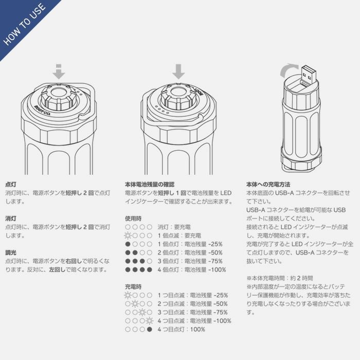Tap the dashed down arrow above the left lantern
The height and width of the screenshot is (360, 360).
pos(59,72)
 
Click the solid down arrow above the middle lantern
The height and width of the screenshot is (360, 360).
pos(178,71)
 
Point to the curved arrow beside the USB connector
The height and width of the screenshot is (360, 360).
pos(288,70)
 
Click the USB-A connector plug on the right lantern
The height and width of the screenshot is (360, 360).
pos(309,75)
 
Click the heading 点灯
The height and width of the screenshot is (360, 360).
pos(11,184)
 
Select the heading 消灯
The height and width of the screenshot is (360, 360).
pos(11,219)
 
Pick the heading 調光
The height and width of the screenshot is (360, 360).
pos(11,253)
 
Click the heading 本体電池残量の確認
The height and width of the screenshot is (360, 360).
pos(150,184)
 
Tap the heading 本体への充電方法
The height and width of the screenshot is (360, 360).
pos(268,184)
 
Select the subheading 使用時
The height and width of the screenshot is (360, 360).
pos(133,219)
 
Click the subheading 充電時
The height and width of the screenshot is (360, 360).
pos(133,286)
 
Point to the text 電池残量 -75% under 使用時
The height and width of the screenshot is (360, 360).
pos(204,261)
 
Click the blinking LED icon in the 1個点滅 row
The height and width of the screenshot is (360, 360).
pos(128,236)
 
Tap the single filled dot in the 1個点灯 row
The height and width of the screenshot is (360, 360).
pos(128,244)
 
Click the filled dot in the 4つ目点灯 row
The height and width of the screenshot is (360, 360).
pos(150,330)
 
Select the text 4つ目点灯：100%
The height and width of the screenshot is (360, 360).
pos(182,330)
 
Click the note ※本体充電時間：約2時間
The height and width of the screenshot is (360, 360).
pos(280,278)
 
